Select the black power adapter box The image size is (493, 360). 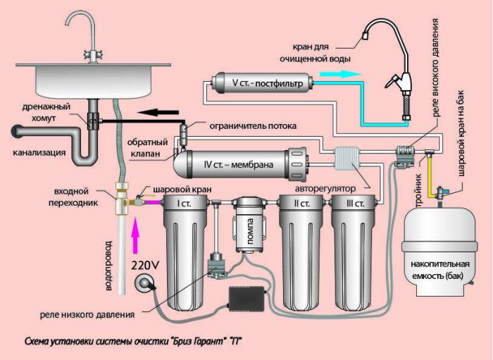point(249,300)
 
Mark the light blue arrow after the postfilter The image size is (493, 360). point(330,73)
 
